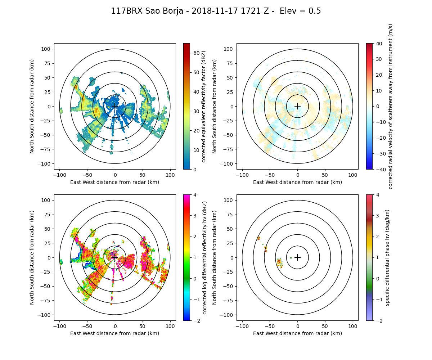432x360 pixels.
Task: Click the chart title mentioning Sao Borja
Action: click(216, 11)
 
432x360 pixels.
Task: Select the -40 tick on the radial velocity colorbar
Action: click(378, 169)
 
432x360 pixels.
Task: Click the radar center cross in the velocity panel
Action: click(297, 106)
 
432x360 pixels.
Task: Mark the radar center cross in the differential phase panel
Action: click(297, 257)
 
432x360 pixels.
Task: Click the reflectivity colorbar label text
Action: click(204, 106)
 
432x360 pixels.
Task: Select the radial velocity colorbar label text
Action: click(391, 106)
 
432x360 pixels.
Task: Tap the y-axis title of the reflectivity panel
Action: click(32, 106)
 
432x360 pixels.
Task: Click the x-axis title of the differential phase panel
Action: click(297, 333)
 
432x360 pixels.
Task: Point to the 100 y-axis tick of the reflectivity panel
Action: click(47, 49)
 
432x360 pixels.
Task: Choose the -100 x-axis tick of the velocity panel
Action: click(242, 175)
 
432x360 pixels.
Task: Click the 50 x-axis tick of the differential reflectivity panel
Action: click(143, 326)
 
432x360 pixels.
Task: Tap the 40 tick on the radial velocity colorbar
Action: click(378, 44)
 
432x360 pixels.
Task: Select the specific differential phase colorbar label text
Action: click(387, 257)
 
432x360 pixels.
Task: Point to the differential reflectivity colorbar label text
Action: click(204, 257)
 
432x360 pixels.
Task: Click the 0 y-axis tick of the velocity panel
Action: click(232, 106)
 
